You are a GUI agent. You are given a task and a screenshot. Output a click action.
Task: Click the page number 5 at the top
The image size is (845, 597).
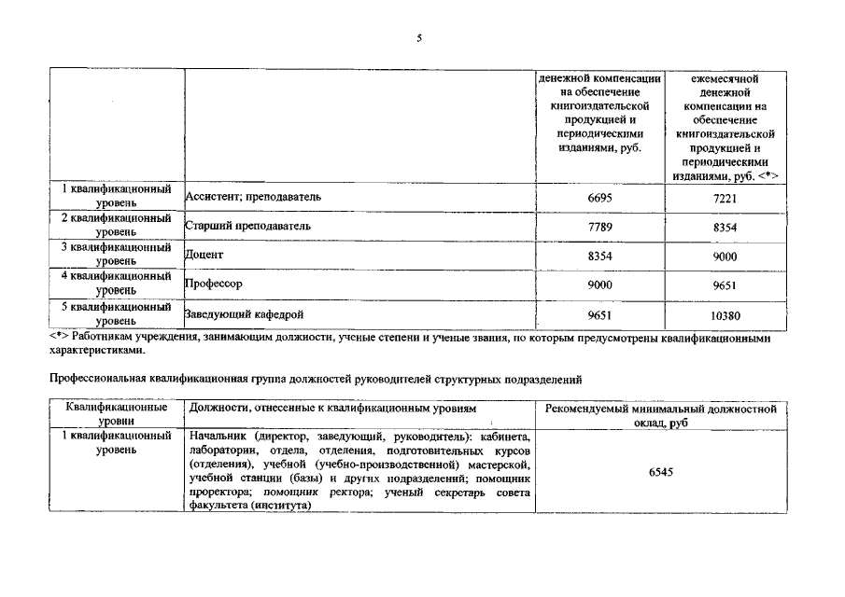(420, 38)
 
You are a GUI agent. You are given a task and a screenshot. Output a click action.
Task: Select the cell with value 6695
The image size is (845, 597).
(599, 198)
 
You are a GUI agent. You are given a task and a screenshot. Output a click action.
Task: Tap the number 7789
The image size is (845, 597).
(599, 228)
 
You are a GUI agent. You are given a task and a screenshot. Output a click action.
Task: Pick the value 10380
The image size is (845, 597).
(724, 316)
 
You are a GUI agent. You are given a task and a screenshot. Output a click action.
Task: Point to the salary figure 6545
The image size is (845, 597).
(661, 472)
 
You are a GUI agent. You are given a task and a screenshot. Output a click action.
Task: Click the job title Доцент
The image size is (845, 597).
(205, 255)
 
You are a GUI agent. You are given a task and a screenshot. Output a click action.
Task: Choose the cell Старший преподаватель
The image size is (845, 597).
(247, 226)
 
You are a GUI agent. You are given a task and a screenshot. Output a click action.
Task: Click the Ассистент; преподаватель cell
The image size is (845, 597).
(253, 197)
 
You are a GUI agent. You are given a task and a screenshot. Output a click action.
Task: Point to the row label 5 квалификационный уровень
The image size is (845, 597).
(117, 313)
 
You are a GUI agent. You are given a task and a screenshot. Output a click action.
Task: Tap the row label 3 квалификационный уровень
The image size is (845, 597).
(117, 255)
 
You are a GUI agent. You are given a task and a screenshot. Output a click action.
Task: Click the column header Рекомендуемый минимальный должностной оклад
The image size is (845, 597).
(661, 416)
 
